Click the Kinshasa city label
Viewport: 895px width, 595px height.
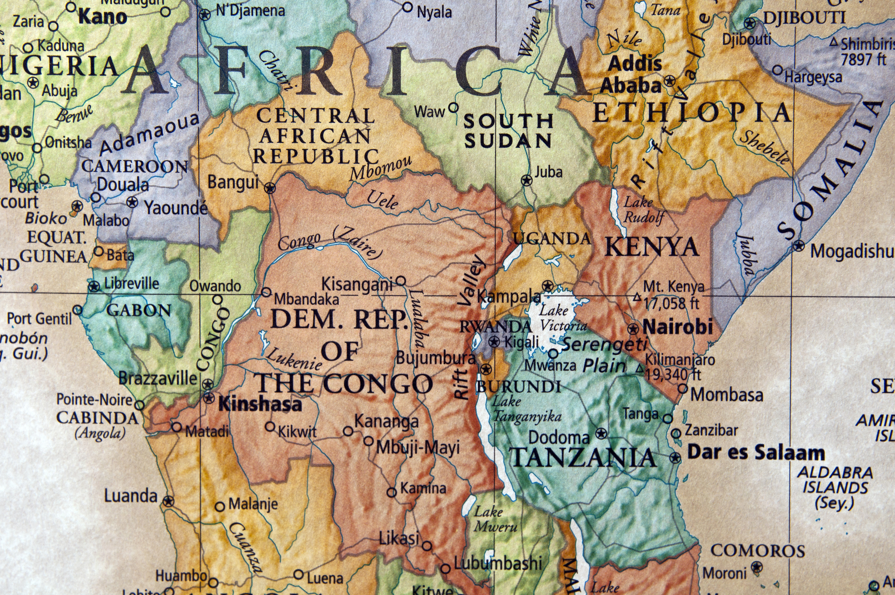tap(260, 405)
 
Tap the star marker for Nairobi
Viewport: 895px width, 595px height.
tap(633, 329)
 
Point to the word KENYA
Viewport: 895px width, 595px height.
tap(651, 248)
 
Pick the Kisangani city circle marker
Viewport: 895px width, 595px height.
tap(401, 281)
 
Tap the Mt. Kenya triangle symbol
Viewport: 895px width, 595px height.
tap(637, 298)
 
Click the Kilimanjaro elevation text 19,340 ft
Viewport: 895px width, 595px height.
tap(673, 374)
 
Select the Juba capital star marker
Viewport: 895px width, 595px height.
tap(526, 180)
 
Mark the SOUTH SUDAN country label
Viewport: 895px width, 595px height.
tap(508, 131)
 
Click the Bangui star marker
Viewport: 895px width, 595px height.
tap(270, 187)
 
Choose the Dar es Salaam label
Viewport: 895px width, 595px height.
tap(756, 453)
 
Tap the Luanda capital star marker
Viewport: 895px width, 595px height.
tap(169, 501)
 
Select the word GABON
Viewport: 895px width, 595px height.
tap(139, 311)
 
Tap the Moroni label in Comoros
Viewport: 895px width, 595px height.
tap(725, 573)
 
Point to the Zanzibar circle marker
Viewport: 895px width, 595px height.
tap(676, 433)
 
